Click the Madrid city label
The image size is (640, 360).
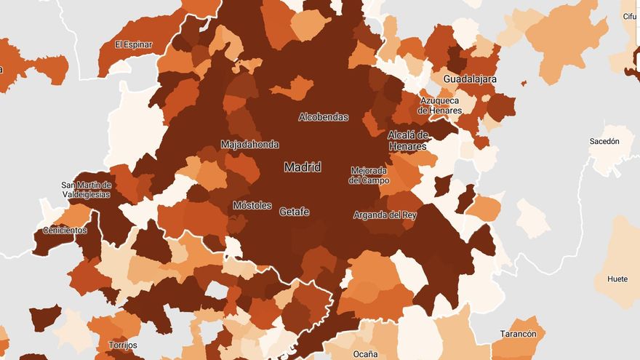pyautogui.click(x=303, y=167)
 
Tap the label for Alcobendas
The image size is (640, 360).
pyautogui.click(x=323, y=117)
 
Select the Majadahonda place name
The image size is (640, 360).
pyautogui.click(x=249, y=145)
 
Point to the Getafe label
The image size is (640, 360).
pyautogui.click(x=294, y=212)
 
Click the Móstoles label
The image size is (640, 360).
pyautogui.click(x=252, y=205)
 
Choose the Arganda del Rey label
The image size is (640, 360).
pyautogui.click(x=385, y=215)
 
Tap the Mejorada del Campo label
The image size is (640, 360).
pyautogui.click(x=369, y=175)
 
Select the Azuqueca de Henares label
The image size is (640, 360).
pyautogui.click(x=440, y=105)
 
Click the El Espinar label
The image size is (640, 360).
pyautogui.click(x=134, y=44)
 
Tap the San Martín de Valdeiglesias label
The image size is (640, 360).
pyautogui.click(x=86, y=190)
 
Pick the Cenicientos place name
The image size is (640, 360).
pyautogui.click(x=65, y=231)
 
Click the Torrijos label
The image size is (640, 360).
pyautogui.click(x=122, y=345)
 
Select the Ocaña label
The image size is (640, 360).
pyautogui.click(x=365, y=353)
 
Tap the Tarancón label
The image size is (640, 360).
pyautogui.click(x=519, y=334)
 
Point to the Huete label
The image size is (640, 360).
pyautogui.click(x=617, y=279)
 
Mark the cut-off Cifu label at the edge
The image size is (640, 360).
pyautogui.click(x=630, y=15)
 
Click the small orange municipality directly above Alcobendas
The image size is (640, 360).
pyautogui.click(x=294, y=89)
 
